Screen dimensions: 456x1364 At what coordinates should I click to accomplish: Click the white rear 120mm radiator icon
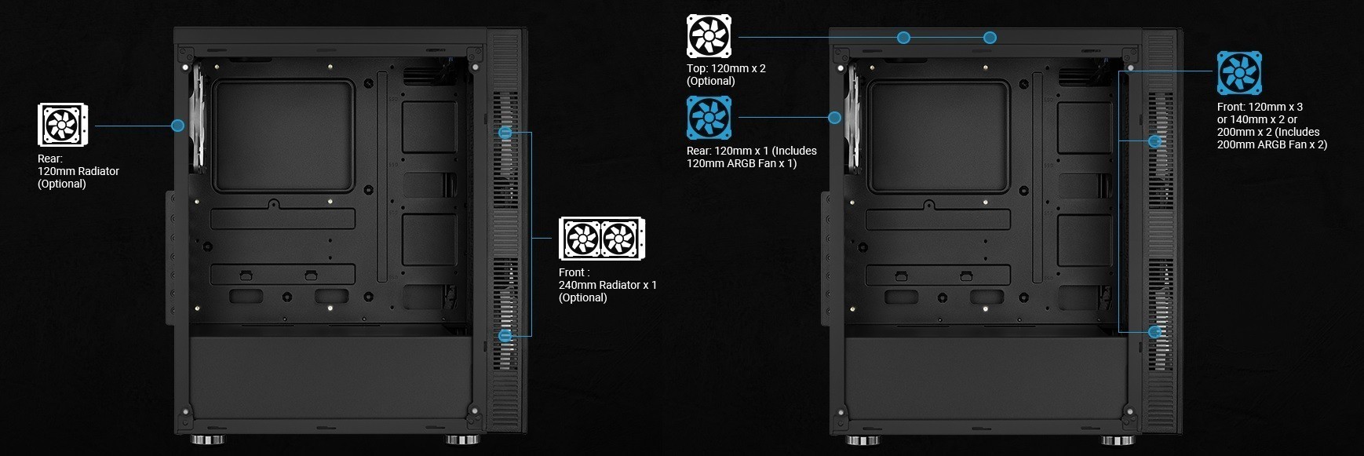pos(63,125)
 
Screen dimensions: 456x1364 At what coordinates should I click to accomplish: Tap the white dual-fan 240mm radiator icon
pos(601,239)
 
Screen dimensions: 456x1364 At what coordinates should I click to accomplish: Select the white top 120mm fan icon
pos(709,36)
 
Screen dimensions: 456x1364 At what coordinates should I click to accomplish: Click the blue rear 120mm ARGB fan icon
pos(709,118)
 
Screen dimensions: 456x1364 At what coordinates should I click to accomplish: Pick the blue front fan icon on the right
pos(1239,73)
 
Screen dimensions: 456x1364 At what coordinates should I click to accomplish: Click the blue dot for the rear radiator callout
pos(177,125)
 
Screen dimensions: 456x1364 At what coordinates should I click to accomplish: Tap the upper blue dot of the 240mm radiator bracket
pos(505,133)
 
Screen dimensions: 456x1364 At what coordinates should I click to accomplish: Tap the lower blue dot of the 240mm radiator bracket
pos(505,335)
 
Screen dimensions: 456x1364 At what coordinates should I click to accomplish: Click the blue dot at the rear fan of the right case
pos(834,118)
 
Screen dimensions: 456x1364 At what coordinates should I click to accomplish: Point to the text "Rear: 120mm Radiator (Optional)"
pos(78,171)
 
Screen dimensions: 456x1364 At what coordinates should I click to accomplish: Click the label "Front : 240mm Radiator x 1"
pos(607,279)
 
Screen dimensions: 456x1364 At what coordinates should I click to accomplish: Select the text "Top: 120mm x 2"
pos(726,68)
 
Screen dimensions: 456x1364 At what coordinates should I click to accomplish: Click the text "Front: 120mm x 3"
pos(1260,107)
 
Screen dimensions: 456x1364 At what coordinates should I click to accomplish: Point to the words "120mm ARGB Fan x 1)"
pos(742,163)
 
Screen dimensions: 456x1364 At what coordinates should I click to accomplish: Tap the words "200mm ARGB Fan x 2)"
pos(1271,144)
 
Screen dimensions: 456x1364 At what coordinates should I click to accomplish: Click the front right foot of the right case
pos(1117,440)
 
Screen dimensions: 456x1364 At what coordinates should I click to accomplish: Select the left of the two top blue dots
pos(903,37)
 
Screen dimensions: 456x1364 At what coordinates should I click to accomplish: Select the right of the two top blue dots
pos(990,37)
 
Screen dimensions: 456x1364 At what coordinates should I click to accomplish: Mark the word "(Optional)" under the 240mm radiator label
pos(582,297)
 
